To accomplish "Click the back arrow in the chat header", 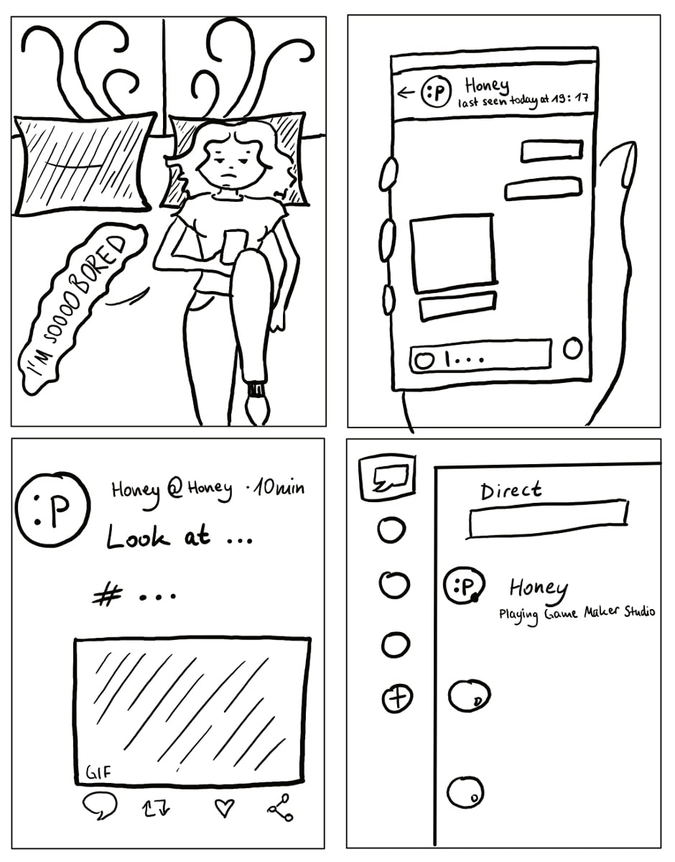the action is point(406,93).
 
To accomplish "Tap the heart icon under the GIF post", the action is point(224,807).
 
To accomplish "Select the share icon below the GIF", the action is point(281,807).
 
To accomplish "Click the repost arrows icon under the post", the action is point(156,808).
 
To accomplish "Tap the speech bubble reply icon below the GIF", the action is point(100,806).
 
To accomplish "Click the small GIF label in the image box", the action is point(98,772).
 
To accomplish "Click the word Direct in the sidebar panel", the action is point(511,491).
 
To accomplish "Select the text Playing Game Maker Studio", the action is point(577,613).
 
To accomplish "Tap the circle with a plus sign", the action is point(397,698).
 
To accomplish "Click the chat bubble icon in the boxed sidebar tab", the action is point(391,477).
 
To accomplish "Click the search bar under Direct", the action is point(547,519).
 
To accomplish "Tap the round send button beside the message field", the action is point(573,348).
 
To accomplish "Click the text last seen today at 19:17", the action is point(523,101).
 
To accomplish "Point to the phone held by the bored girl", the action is point(234,246).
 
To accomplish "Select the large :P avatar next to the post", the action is point(52,509).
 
